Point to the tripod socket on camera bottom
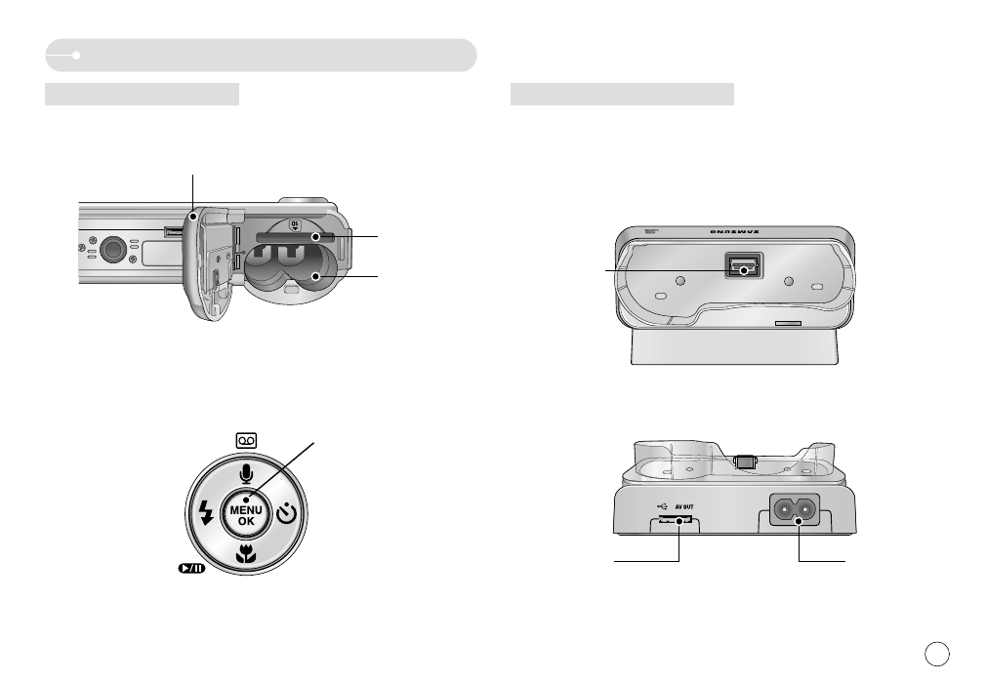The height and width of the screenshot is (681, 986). tap(115, 249)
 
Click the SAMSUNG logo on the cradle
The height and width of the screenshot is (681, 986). tap(738, 233)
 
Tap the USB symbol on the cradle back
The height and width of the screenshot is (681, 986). tap(660, 506)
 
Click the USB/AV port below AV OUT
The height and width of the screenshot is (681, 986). tap(675, 522)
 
